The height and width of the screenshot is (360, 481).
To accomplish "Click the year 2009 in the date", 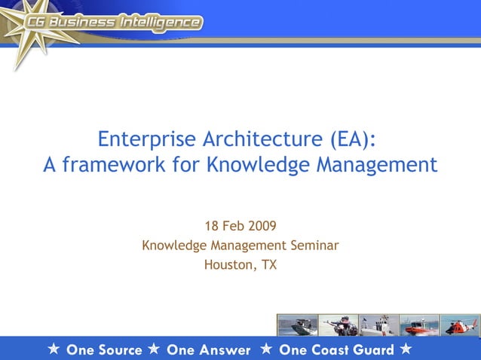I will tap(261, 225).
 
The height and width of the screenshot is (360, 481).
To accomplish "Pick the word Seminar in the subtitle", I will tap(314, 245).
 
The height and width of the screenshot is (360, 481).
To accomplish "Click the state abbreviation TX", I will tap(268, 264).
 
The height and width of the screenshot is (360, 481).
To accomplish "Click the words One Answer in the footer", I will tap(208, 349).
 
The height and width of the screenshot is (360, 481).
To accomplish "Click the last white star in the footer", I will tap(406, 349).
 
